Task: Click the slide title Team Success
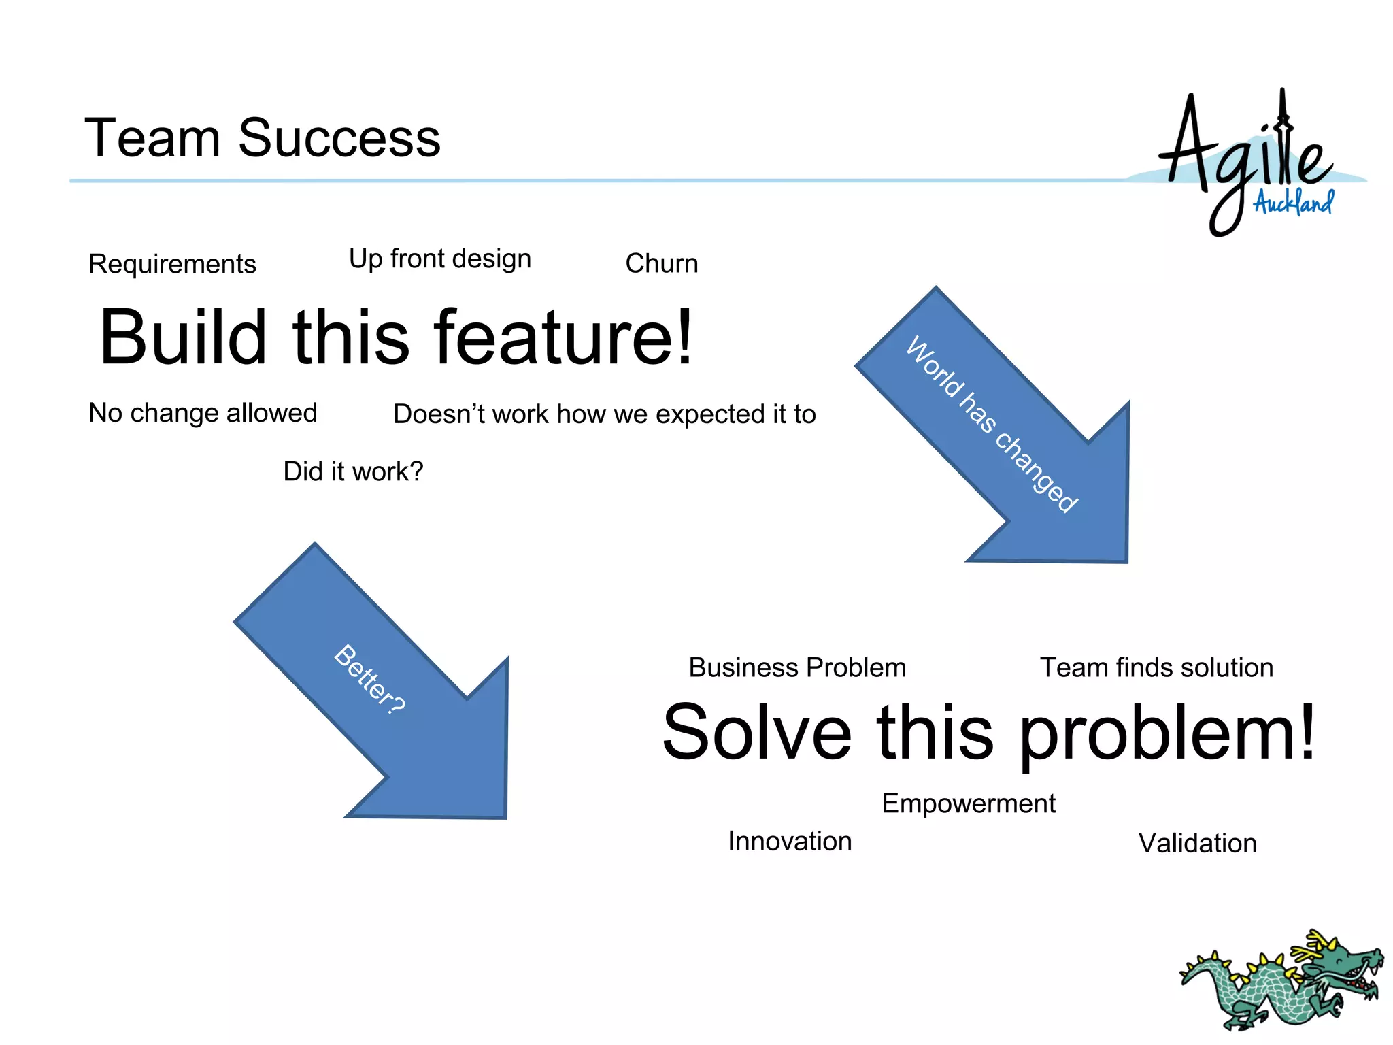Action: tap(262, 138)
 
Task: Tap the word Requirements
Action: tap(172, 264)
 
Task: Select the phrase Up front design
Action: tap(439, 259)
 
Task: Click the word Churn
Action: tap(661, 263)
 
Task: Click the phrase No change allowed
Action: tap(203, 413)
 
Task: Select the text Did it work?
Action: tap(353, 471)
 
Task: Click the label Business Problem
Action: tap(797, 667)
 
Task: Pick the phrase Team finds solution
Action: tap(1156, 667)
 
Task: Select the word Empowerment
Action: tap(968, 803)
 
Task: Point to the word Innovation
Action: tap(789, 842)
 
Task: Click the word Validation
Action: tap(1197, 844)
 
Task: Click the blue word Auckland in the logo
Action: tap(1294, 203)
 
